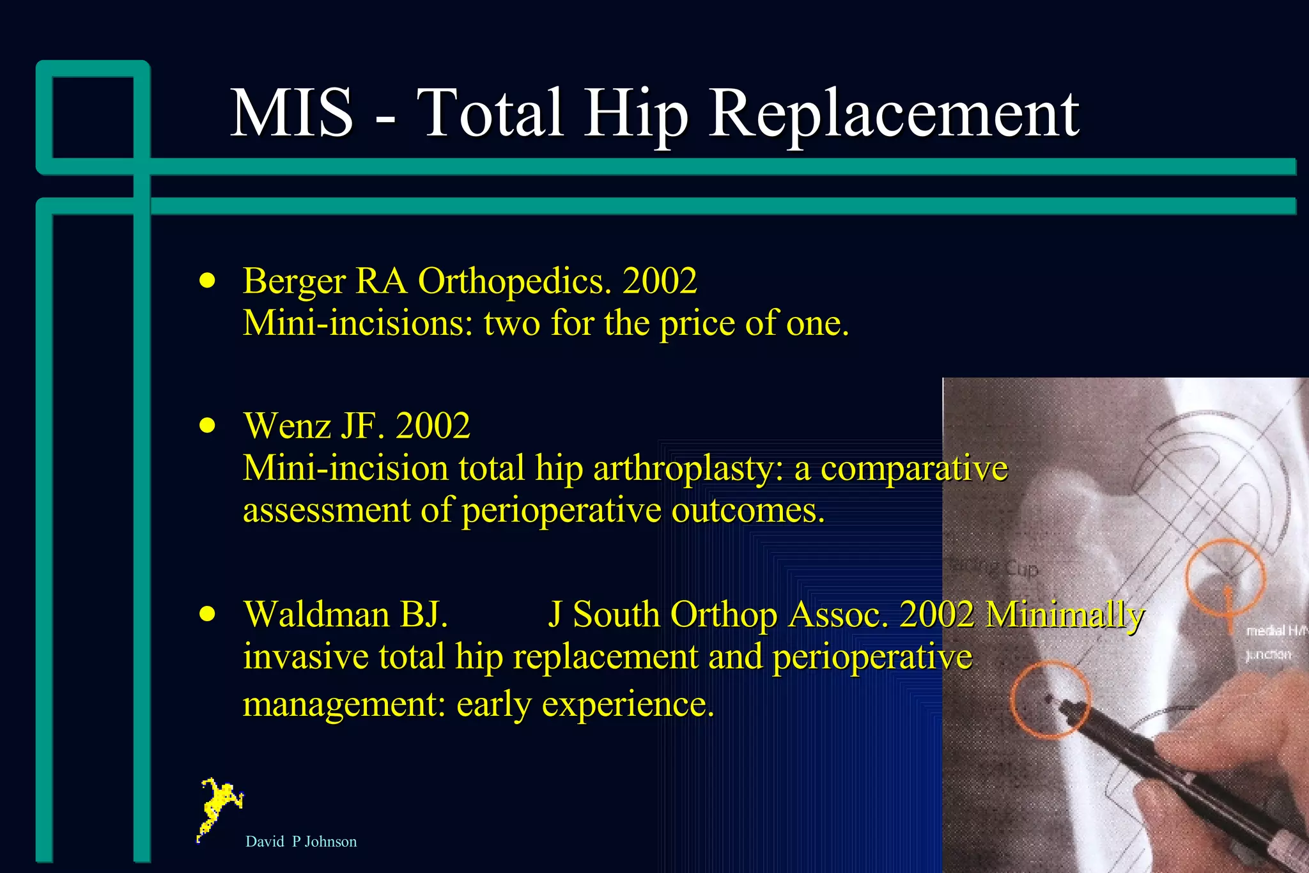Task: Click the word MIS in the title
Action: click(291, 113)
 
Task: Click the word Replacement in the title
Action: click(894, 113)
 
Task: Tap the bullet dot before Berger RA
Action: click(207, 280)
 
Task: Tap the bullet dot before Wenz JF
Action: click(207, 425)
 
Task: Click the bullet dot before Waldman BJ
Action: click(207, 614)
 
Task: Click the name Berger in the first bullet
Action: click(294, 281)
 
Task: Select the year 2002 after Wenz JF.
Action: click(433, 426)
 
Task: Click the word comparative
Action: click(914, 468)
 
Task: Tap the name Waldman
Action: click(316, 615)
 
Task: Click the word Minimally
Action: click(1064, 615)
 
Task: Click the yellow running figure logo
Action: click(219, 808)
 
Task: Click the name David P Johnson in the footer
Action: click(301, 842)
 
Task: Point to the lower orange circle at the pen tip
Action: click(1050, 700)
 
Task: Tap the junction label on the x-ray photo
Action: click(1268, 654)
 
